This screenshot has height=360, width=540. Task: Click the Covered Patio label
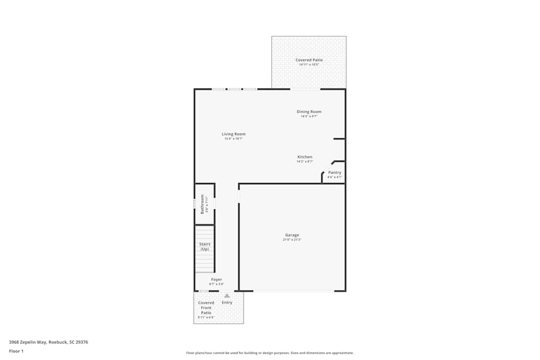point(308,60)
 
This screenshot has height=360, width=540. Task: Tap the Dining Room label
point(309,112)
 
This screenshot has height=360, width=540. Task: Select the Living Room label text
point(233,134)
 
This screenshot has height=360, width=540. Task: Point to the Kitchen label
point(305,157)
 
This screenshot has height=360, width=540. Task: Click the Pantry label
point(335,173)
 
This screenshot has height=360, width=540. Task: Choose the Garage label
point(292,235)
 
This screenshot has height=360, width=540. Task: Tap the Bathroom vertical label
point(202,204)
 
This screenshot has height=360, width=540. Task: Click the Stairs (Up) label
point(205,247)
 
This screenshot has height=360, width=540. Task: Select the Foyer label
point(217,280)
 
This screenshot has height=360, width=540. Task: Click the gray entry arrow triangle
point(227,296)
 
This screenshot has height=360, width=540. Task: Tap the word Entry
point(227,302)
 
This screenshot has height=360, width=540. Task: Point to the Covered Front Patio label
point(206,308)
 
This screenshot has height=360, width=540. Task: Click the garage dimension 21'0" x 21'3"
point(292,240)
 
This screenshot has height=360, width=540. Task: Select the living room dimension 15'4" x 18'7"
point(233,139)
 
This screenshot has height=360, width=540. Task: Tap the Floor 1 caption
point(16,351)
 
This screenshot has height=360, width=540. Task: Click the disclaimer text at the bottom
point(270,353)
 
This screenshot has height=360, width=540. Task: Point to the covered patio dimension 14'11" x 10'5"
point(309,65)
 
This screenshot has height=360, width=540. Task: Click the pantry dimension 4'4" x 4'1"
point(335,177)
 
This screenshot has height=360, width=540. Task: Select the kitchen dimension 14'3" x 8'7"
point(305,161)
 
